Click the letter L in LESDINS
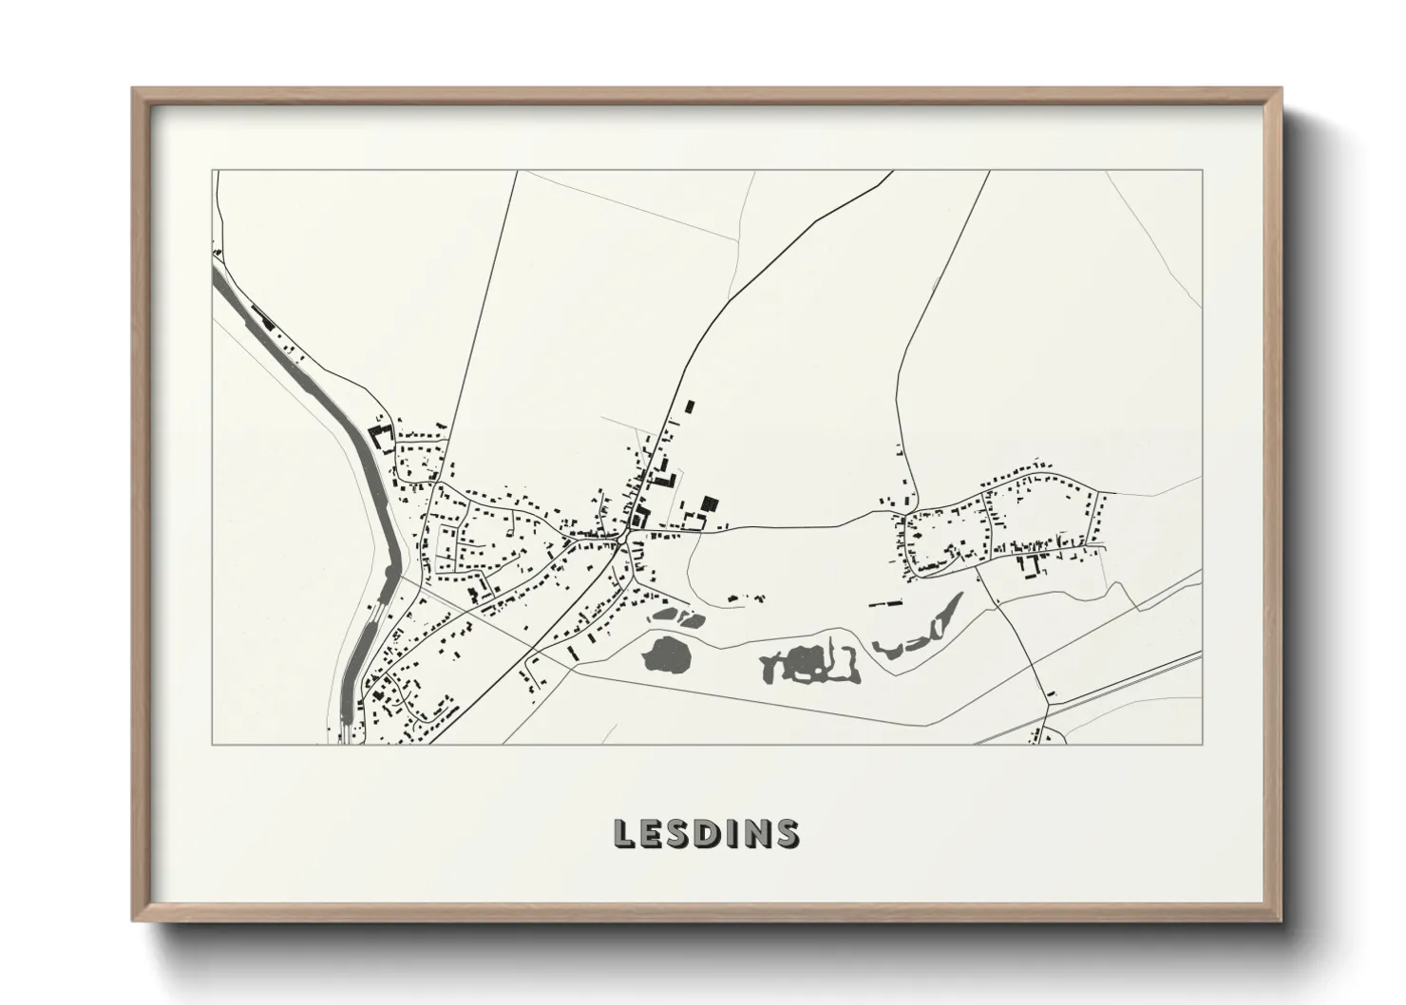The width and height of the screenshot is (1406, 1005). (x=625, y=833)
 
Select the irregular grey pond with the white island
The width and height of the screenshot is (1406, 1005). (x=807, y=662)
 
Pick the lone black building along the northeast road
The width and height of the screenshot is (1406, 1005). (x=691, y=407)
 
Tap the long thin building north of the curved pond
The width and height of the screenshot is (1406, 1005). (x=889, y=602)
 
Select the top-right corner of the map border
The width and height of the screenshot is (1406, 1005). (x=1202, y=171)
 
